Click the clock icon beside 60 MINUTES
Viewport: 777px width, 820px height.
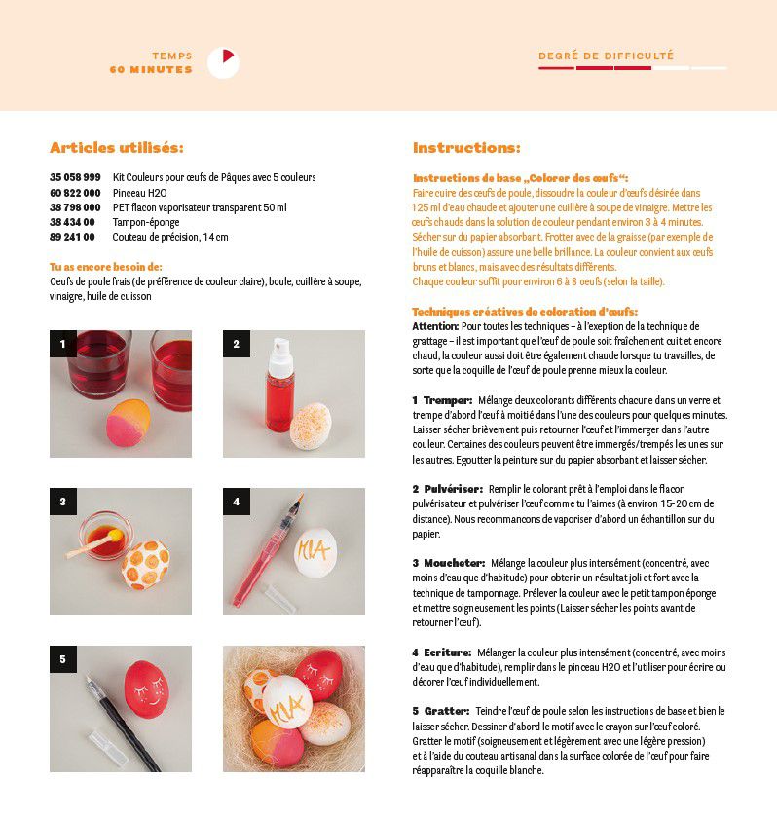click(x=223, y=63)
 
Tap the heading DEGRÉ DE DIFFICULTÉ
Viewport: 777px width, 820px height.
click(x=606, y=56)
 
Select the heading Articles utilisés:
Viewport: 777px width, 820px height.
click(x=117, y=148)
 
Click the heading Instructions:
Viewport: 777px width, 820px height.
click(x=466, y=148)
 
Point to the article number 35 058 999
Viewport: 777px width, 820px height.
click(x=75, y=178)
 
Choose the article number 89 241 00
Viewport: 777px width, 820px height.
click(x=72, y=237)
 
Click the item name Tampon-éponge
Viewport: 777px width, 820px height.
click(x=146, y=222)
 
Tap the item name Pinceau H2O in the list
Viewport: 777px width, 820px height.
click(x=141, y=193)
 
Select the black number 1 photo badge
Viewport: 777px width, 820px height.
click(x=62, y=344)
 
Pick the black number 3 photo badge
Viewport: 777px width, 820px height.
click(x=62, y=502)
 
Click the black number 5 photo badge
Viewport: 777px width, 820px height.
click(x=62, y=659)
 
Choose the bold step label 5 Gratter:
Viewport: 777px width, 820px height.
click(x=440, y=711)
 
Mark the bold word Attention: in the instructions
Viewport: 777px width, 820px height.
click(x=435, y=326)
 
